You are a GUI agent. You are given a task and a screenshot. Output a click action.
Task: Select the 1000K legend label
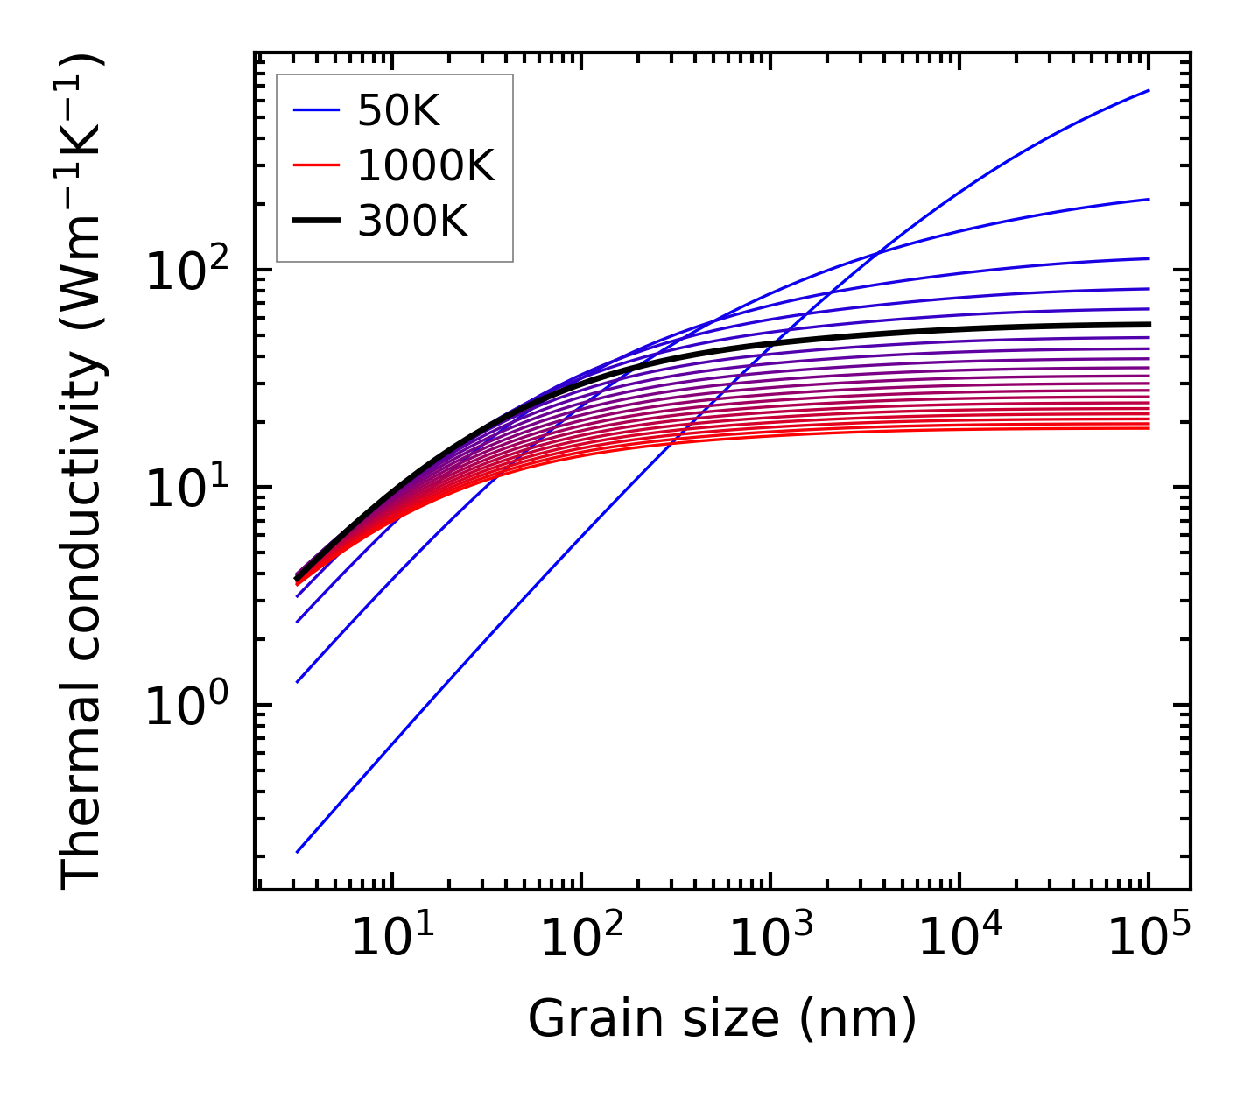coord(425,165)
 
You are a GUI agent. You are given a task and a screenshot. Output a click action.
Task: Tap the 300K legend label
coord(412,222)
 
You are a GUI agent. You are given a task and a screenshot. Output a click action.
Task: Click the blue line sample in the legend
coord(316,110)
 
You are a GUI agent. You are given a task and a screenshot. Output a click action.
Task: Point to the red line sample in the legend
coord(316,165)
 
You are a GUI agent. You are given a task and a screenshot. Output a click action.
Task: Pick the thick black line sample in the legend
coord(316,222)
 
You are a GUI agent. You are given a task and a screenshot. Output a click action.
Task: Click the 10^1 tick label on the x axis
coord(391,939)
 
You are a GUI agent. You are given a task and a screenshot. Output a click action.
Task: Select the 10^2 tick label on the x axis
coord(581,939)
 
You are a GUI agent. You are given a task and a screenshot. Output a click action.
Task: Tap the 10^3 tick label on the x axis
coord(770,939)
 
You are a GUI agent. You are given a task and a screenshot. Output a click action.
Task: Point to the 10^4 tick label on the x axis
coord(959,939)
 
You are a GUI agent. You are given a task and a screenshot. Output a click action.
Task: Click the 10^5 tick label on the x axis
coord(1149,939)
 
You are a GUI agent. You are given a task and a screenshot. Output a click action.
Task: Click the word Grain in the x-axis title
coord(583,1019)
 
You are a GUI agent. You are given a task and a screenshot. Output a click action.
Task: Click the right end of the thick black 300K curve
coord(1148,324)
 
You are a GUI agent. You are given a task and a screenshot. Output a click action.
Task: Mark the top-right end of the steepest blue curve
coord(1148,90)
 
